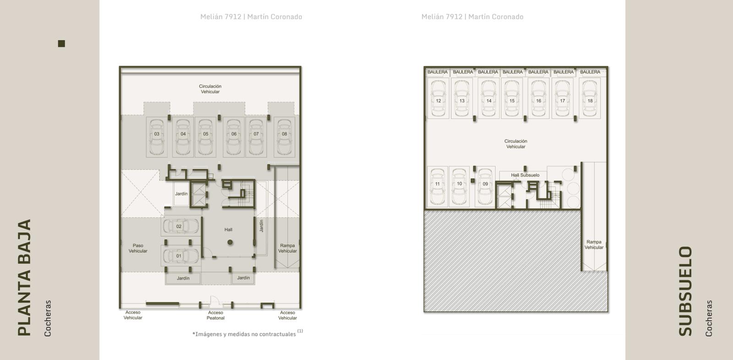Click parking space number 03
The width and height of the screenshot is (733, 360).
point(157,137)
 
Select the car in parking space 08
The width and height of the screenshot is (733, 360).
point(284,137)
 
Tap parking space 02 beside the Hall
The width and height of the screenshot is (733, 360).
point(181,226)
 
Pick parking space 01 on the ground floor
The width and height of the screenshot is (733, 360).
point(181,256)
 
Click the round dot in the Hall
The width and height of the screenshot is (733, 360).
point(230,242)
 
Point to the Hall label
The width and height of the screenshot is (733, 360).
point(229,230)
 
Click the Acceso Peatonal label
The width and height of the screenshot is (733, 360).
point(215,315)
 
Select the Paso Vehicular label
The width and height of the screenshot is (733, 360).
point(138,248)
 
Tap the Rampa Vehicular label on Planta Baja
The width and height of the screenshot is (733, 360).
point(287,248)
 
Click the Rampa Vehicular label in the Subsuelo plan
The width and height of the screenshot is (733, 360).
point(594,245)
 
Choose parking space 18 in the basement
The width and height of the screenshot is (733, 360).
point(590,98)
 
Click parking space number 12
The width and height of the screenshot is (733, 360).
point(438,98)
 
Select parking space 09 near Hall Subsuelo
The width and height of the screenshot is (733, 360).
point(485,186)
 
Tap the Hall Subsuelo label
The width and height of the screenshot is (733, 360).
point(525,175)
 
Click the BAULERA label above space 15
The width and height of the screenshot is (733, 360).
point(513,72)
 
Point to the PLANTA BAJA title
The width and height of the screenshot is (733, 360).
point(25,278)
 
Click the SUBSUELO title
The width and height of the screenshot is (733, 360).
point(685,291)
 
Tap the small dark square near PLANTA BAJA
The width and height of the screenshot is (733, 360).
point(61,44)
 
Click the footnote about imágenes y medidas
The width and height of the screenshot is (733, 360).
point(247,333)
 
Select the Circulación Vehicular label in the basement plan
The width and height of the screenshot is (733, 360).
point(516,144)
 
